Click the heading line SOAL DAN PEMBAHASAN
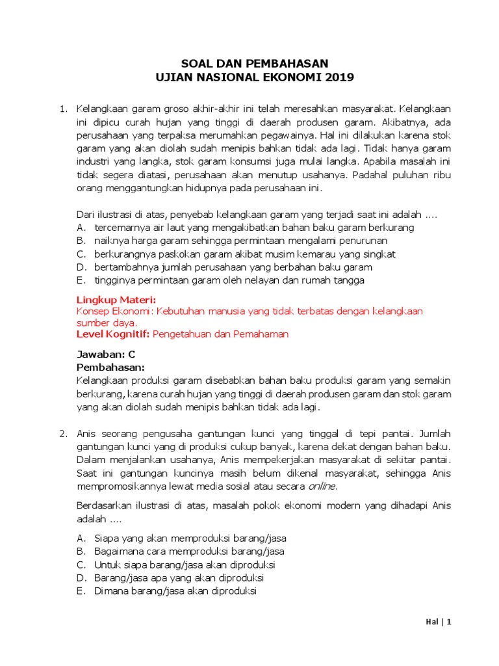coord(255,63)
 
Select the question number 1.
coord(63,107)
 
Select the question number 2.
coord(63,433)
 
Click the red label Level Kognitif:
coord(113,334)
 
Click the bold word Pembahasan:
coord(110,367)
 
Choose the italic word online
coord(322,486)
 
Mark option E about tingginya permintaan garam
coord(221,280)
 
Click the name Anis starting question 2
coord(87,433)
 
